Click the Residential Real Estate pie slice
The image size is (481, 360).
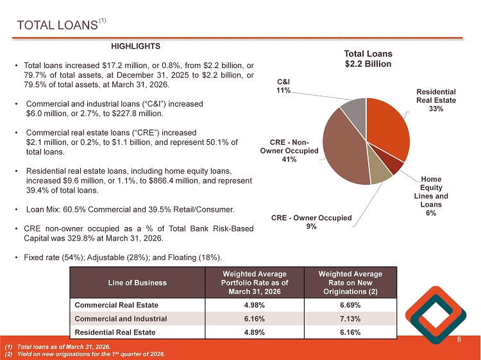click(x=388, y=126)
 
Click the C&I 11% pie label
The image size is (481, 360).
click(x=283, y=86)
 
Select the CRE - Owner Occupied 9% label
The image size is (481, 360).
click(x=311, y=222)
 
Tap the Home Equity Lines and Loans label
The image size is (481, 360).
click(x=431, y=196)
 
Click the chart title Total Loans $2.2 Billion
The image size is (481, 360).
click(x=368, y=58)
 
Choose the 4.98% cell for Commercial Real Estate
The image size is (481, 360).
click(x=255, y=305)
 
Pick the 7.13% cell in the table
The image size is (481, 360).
click(x=350, y=318)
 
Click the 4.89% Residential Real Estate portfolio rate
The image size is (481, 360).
click(x=255, y=332)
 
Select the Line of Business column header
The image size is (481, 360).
click(x=137, y=282)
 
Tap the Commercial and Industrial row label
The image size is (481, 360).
click(x=121, y=318)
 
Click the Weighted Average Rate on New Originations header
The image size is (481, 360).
click(x=350, y=282)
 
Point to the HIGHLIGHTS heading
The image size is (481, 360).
click(x=135, y=46)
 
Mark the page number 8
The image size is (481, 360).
click(x=459, y=339)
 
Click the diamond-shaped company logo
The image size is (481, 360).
click(x=435, y=315)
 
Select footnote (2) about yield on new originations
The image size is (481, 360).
click(x=85, y=354)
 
